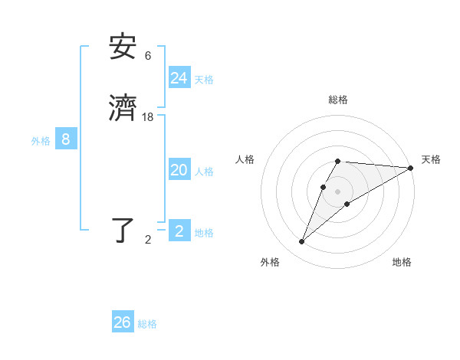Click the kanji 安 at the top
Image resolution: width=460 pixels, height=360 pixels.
(x=123, y=47)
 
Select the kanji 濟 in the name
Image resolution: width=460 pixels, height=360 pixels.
(x=123, y=108)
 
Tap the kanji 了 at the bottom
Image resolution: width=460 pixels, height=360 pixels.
(x=123, y=231)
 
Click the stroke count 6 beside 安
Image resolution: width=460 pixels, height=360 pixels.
(x=148, y=55)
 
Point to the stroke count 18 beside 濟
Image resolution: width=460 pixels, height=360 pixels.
(x=148, y=116)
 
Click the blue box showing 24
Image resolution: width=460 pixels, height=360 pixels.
(x=179, y=78)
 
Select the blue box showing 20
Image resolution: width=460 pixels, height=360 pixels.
(x=179, y=170)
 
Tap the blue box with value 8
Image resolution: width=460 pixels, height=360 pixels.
(x=66, y=139)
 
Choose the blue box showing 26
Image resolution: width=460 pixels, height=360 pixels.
(x=123, y=322)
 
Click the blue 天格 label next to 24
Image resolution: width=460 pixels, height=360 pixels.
(x=204, y=80)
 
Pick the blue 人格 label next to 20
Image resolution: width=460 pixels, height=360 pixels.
(x=204, y=172)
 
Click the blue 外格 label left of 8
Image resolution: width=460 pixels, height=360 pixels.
(x=41, y=141)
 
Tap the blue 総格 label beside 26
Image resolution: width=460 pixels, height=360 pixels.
(x=147, y=324)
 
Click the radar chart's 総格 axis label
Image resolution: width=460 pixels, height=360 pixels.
(x=338, y=100)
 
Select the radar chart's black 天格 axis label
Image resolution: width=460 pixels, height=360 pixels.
(x=431, y=159)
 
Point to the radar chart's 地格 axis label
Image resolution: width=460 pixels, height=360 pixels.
(x=402, y=262)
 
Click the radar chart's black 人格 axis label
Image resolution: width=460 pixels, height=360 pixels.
(x=245, y=159)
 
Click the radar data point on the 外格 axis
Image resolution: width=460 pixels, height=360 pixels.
(x=302, y=242)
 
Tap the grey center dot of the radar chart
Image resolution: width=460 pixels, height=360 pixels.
(x=338, y=191)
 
